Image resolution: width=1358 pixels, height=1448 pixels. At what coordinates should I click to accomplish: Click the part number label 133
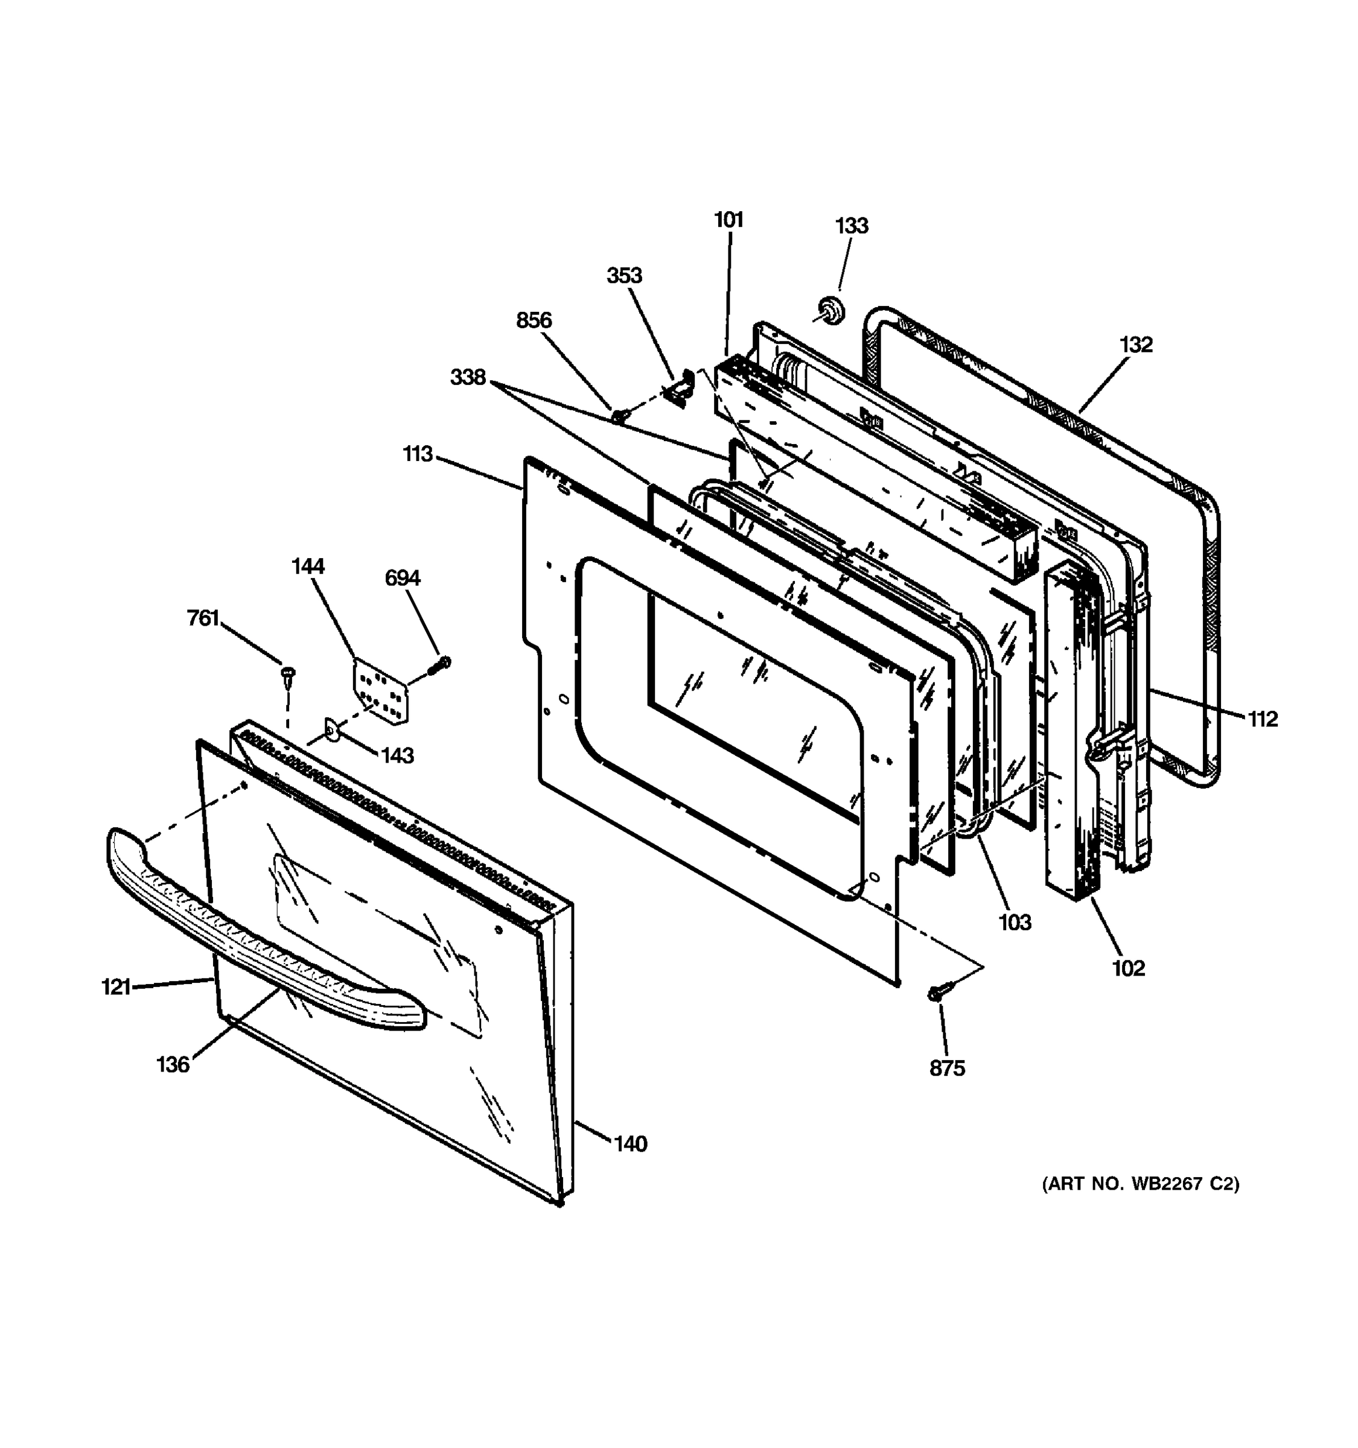(852, 226)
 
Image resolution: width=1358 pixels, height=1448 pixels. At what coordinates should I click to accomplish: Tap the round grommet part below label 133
(830, 311)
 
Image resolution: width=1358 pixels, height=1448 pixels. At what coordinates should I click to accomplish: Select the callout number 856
(534, 320)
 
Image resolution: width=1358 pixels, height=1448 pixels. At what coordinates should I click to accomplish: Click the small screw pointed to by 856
(619, 416)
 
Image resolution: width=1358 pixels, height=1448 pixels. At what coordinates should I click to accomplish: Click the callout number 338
(468, 377)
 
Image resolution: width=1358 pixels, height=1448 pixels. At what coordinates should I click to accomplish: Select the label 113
(418, 454)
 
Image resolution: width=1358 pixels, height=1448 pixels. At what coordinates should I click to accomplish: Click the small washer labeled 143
(332, 729)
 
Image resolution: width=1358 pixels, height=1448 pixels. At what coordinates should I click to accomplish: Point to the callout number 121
(116, 987)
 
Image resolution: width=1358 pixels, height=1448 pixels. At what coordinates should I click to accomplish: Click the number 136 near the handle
(173, 1065)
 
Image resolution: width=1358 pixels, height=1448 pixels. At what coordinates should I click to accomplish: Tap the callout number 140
(630, 1145)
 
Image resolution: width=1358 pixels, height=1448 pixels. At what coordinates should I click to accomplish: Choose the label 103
(1014, 923)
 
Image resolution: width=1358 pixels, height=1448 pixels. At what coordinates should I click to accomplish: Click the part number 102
(1128, 968)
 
